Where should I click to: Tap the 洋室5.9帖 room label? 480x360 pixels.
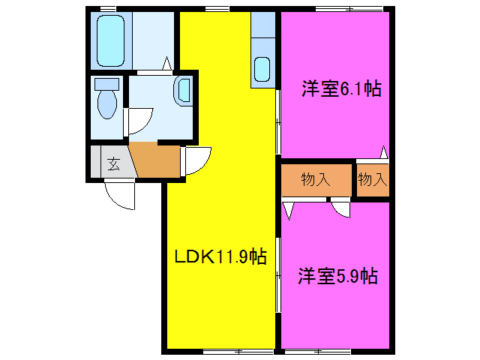337,276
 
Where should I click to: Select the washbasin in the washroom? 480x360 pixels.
184,91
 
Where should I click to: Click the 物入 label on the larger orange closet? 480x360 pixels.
316,179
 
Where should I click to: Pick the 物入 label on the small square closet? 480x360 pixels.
372,179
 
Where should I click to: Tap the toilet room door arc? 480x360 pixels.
140,120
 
